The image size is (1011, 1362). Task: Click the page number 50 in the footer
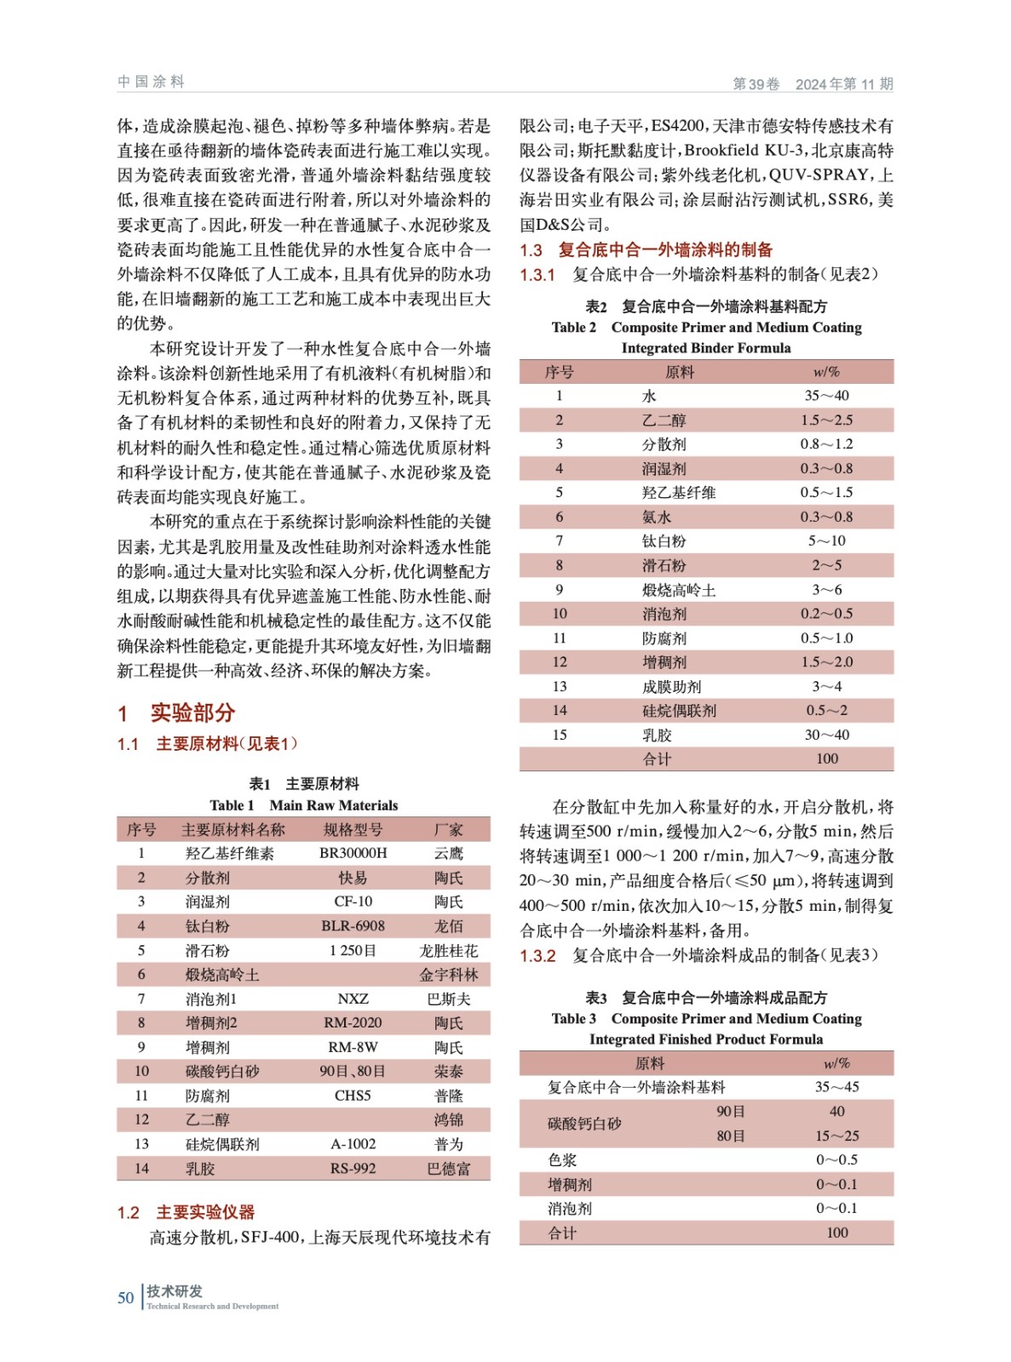pyautogui.click(x=125, y=1297)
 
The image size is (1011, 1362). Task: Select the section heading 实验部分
pyautogui.click(x=192, y=712)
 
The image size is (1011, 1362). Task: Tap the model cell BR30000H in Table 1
pyautogui.click(x=353, y=853)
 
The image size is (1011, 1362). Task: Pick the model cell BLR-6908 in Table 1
pyautogui.click(x=353, y=926)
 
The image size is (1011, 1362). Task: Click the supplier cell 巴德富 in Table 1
pyautogui.click(x=448, y=1169)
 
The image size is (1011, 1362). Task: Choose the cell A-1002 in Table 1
pyautogui.click(x=353, y=1144)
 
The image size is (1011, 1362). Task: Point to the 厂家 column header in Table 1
pyautogui.click(x=448, y=829)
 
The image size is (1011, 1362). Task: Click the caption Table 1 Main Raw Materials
pyautogui.click(x=303, y=805)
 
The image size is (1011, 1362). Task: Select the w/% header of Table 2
pyautogui.click(x=826, y=372)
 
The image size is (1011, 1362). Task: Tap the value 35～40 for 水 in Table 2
pyautogui.click(x=826, y=396)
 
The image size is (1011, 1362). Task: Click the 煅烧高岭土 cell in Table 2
pyautogui.click(x=679, y=590)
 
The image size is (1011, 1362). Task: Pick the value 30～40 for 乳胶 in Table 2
pyautogui.click(x=826, y=735)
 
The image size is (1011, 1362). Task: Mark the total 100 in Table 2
pyautogui.click(x=826, y=758)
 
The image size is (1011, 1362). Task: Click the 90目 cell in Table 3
pyautogui.click(x=731, y=1112)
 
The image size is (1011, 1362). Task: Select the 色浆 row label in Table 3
pyautogui.click(x=562, y=1160)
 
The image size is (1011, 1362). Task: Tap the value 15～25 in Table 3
pyautogui.click(x=836, y=1136)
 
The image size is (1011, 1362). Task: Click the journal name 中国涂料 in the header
pyautogui.click(x=151, y=82)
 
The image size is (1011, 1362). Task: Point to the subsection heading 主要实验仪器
pyautogui.click(x=205, y=1212)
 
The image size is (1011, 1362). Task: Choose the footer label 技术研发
pyautogui.click(x=175, y=1290)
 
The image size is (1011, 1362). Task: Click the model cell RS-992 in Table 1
pyautogui.click(x=353, y=1169)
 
